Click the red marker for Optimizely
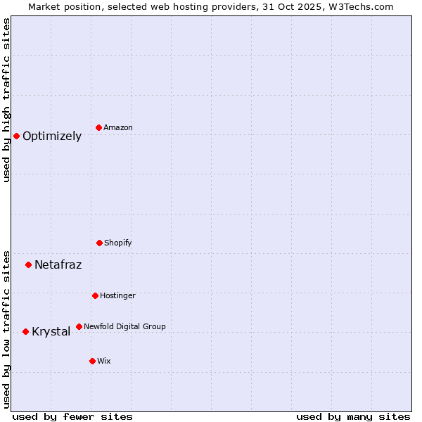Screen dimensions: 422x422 (x=16, y=136)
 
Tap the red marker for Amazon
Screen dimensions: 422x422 (x=98, y=127)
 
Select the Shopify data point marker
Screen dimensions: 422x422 (x=99, y=243)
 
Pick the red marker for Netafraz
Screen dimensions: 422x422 (x=28, y=264)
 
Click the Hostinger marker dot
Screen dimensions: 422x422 (x=95, y=295)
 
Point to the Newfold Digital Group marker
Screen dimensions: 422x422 (x=79, y=326)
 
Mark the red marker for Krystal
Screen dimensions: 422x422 (x=25, y=331)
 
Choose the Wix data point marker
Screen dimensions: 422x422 (x=92, y=361)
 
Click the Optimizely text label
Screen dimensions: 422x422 (x=52, y=136)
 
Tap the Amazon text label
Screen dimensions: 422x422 (x=118, y=128)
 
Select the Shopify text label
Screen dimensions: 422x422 (x=118, y=243)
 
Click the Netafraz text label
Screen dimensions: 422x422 (x=58, y=265)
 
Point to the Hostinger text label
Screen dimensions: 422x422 (x=117, y=296)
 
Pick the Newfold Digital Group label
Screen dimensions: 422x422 (x=124, y=327)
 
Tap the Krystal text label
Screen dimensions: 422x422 (x=51, y=332)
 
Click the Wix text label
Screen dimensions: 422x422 (x=104, y=362)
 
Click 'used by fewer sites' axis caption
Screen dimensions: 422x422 (x=72, y=416)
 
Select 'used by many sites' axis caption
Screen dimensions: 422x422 (x=353, y=416)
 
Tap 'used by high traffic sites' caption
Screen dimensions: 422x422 (x=6, y=100)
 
